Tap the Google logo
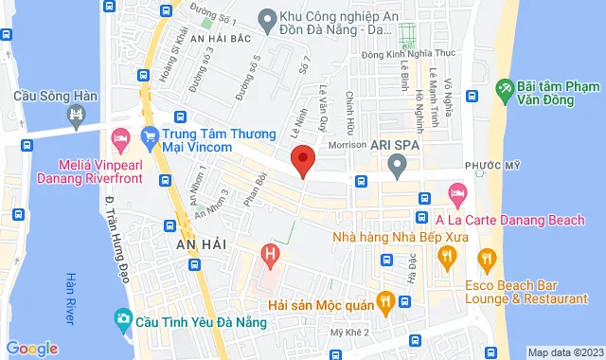(31, 349)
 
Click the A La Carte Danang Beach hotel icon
(457, 195)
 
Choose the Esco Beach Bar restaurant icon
(487, 258)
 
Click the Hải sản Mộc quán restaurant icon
(384, 302)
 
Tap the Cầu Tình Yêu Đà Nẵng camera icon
(122, 318)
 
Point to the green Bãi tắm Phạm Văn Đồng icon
(505, 93)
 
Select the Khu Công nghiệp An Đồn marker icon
(267, 19)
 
